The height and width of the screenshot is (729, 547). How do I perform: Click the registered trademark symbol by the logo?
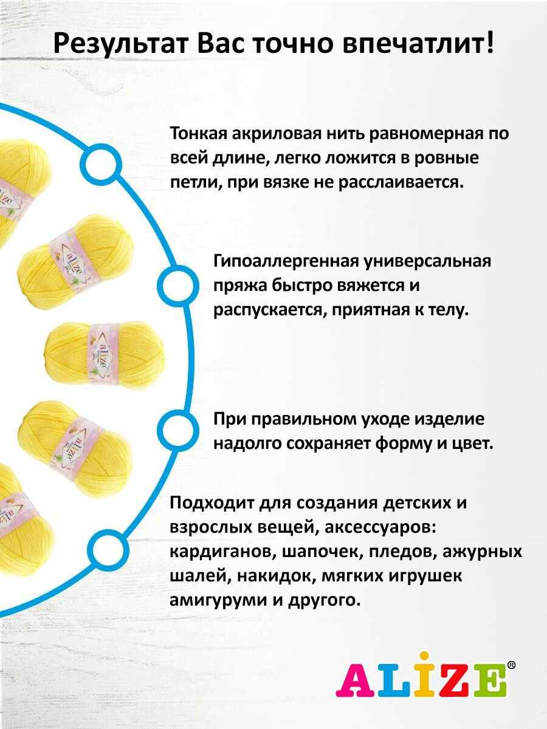(511, 665)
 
